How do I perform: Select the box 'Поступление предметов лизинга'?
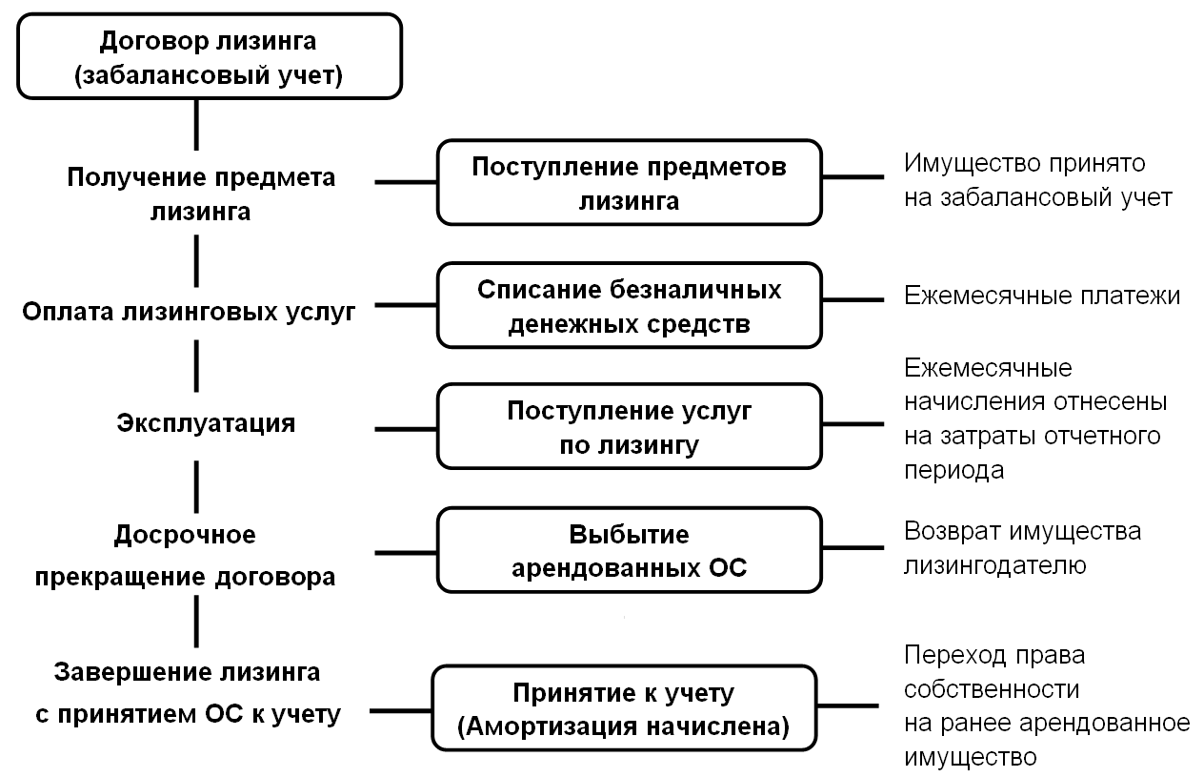pos(629,182)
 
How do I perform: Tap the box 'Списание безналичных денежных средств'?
pos(629,305)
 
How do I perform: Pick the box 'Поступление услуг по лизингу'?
pos(629,426)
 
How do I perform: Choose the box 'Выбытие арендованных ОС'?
pos(629,549)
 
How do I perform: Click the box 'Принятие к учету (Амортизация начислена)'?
pos(624,707)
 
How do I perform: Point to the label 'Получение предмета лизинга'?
pos(200,194)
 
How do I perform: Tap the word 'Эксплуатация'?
pos(206,423)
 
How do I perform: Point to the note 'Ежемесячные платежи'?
pos(1042,296)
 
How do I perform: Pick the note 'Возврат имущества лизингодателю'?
pos(1022,547)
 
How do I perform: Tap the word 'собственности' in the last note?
pos(991,688)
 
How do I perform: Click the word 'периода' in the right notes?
pos(953,470)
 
